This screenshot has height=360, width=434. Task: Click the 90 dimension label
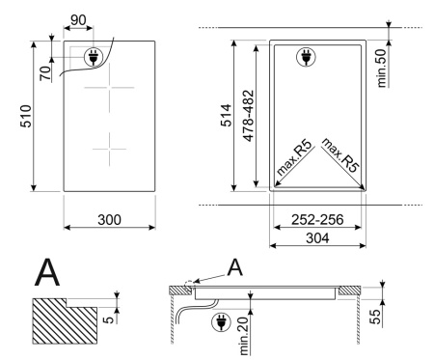(78, 20)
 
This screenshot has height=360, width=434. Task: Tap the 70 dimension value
(45, 73)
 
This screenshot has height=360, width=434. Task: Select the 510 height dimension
(26, 116)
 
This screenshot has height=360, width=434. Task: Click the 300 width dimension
(109, 220)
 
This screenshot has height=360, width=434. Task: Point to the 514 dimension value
(227, 115)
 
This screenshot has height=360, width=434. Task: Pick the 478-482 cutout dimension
(249, 116)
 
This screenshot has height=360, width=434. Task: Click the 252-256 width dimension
(317, 220)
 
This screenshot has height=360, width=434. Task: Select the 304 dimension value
(317, 238)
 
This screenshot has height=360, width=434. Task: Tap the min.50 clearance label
(381, 69)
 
